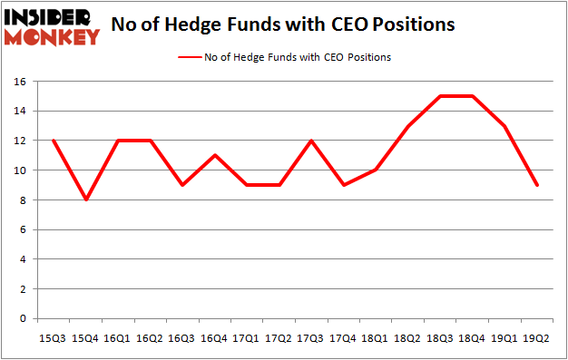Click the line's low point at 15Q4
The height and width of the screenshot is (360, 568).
(87, 199)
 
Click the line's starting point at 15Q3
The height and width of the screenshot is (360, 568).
(54, 141)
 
